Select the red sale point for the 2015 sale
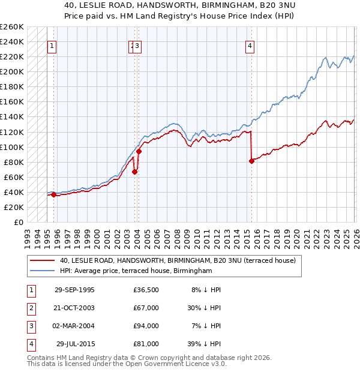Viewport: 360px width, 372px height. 251,161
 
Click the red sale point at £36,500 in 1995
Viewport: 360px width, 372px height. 54,194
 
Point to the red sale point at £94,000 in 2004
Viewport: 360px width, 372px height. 139,151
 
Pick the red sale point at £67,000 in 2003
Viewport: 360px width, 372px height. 134,172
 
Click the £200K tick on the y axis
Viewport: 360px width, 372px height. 11,71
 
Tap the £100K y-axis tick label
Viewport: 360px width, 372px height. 11,147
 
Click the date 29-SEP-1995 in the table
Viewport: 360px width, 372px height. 74,290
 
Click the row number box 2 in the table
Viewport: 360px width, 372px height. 31,308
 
